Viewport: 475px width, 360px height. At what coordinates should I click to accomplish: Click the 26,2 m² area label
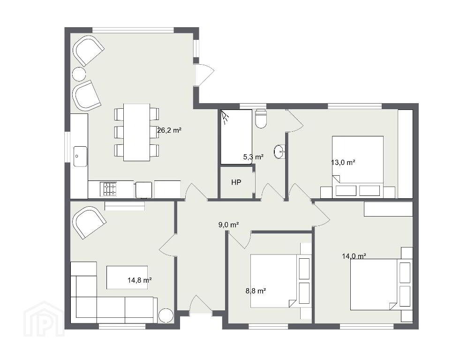tap(169, 130)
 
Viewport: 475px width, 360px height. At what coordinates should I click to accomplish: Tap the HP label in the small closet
tap(236, 182)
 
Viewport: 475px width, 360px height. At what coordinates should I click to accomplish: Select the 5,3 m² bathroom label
tap(253, 157)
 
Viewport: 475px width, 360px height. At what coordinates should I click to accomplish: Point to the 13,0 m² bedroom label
tap(343, 162)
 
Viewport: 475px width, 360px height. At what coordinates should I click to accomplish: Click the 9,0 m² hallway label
tap(229, 225)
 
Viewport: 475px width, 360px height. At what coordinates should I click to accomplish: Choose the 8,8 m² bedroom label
tap(256, 291)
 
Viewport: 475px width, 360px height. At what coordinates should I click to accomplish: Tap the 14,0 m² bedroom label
tap(354, 256)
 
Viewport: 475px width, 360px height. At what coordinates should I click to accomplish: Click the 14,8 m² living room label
tap(140, 280)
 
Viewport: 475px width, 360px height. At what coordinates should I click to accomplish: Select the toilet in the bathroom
tap(261, 119)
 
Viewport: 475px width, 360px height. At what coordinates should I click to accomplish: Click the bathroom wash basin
tap(279, 151)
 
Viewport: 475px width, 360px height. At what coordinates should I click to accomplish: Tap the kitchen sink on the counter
tap(80, 156)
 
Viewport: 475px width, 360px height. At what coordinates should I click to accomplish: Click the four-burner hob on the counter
tap(110, 189)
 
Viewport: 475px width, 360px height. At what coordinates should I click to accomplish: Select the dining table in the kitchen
tap(136, 132)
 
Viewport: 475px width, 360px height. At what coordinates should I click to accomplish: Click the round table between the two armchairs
tap(79, 74)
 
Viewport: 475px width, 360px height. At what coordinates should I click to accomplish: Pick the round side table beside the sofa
tap(166, 315)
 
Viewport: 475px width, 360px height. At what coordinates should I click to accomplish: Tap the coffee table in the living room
tap(127, 277)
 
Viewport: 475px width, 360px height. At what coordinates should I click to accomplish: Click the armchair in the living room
tap(89, 222)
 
